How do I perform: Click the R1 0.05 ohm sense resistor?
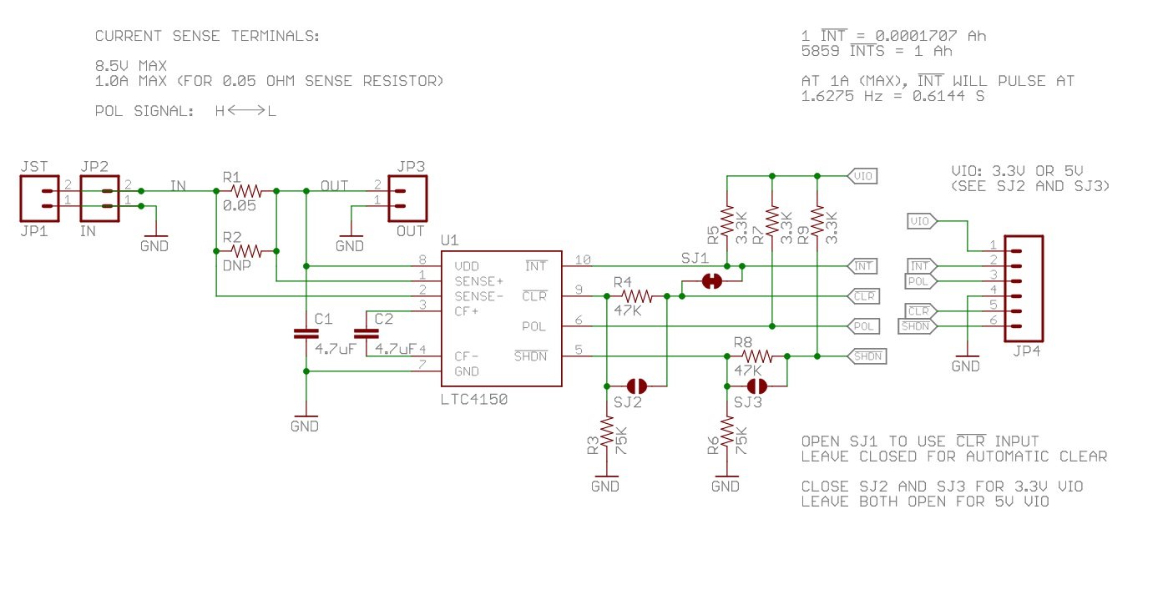pyautogui.click(x=246, y=191)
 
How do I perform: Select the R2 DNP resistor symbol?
pyautogui.click(x=246, y=250)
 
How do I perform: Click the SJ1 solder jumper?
pyautogui.click(x=712, y=281)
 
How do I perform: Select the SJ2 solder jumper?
pyautogui.click(x=637, y=386)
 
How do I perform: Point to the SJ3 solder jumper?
pyautogui.click(x=757, y=386)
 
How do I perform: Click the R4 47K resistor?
pyautogui.click(x=637, y=296)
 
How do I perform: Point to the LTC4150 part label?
pyautogui.click(x=474, y=400)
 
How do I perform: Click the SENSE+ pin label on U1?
pyautogui.click(x=478, y=281)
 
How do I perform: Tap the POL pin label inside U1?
pyautogui.click(x=534, y=326)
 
